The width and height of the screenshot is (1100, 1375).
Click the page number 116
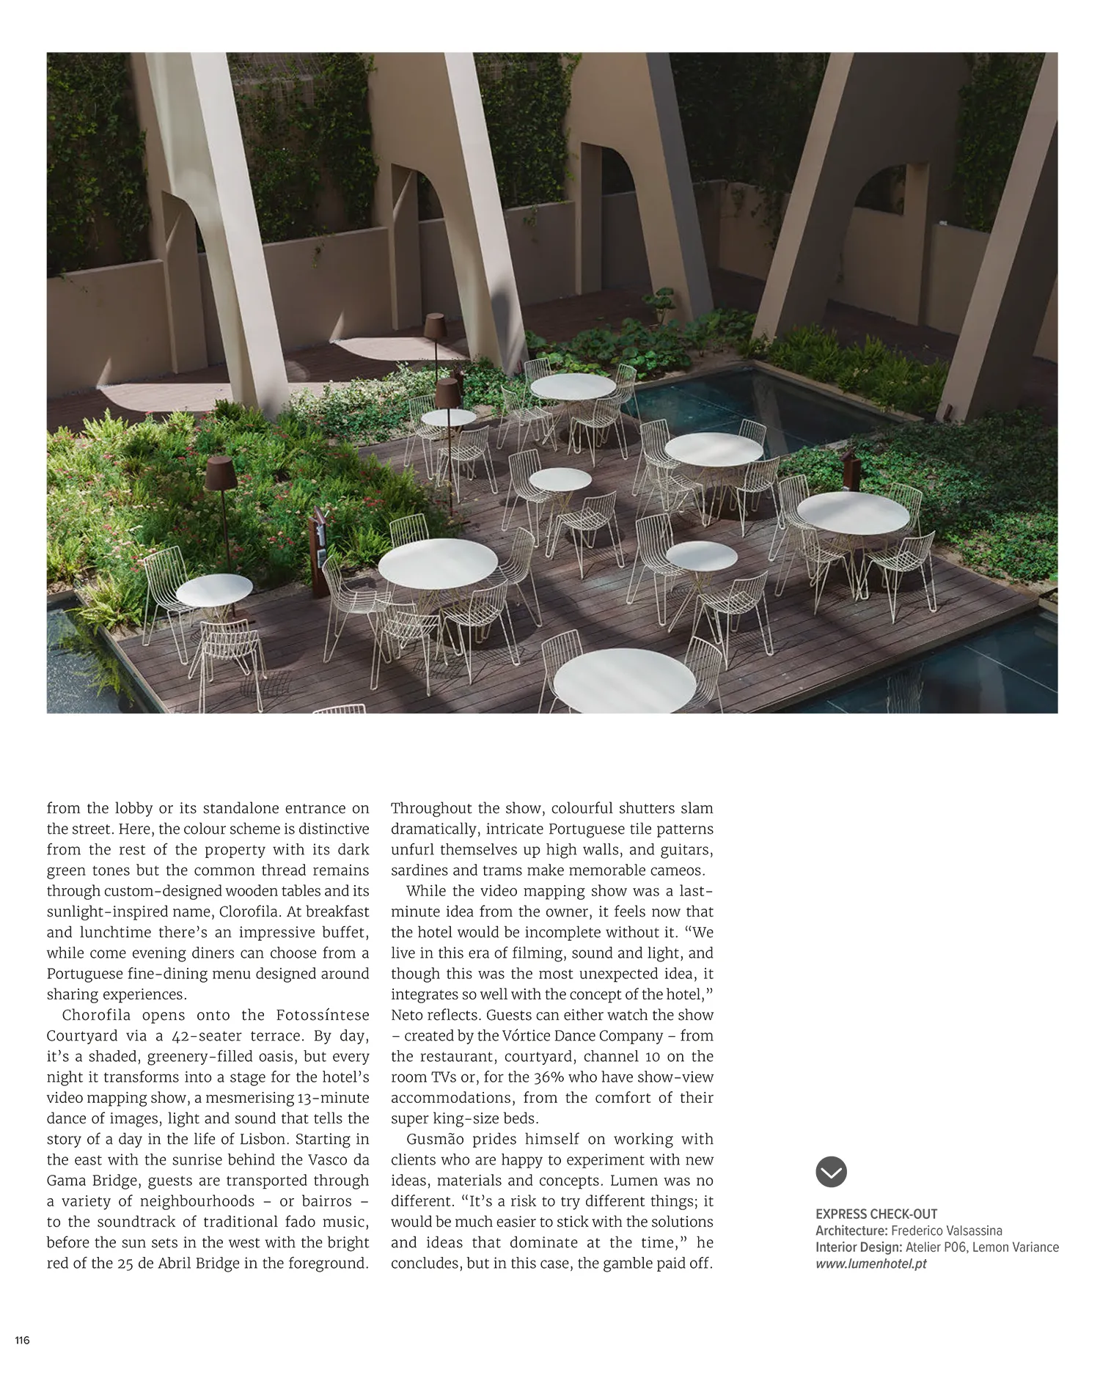click(22, 1341)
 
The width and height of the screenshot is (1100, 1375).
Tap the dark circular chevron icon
click(831, 1172)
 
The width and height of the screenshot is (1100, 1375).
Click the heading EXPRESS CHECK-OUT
click(876, 1214)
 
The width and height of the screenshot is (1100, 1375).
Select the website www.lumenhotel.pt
click(871, 1264)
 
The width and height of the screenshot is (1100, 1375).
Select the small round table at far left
click(214, 590)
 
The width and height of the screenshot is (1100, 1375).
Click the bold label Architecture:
click(851, 1231)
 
